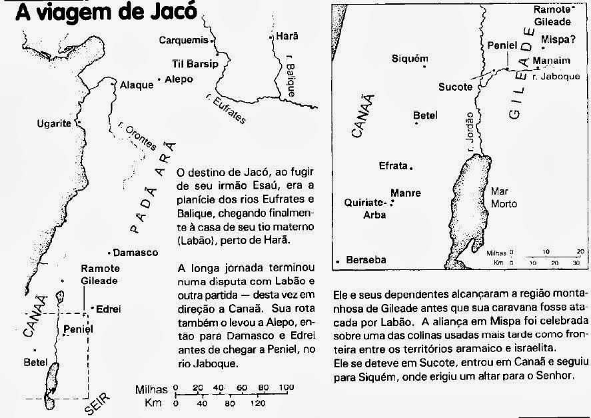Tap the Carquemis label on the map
[184, 40]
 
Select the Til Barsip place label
[189, 65]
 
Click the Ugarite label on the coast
[56, 123]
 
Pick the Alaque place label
[136, 85]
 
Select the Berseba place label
[366, 261]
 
